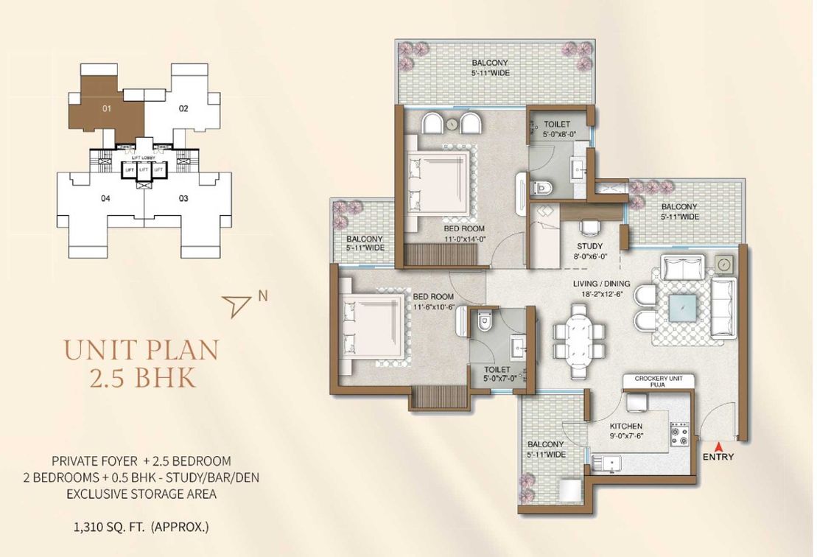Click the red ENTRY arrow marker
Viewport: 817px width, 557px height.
click(x=718, y=446)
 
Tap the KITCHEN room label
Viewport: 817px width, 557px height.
click(x=625, y=426)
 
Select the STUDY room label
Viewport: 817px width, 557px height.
click(x=590, y=246)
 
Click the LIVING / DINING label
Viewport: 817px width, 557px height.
click(x=601, y=284)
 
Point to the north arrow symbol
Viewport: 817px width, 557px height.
click(x=236, y=304)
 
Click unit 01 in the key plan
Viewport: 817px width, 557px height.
click(x=107, y=108)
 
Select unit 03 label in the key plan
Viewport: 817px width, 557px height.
click(x=183, y=198)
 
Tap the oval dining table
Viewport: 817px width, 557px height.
click(x=580, y=340)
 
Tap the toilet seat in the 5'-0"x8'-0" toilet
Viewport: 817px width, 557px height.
click(x=540, y=186)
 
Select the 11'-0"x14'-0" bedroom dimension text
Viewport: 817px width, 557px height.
click(x=465, y=239)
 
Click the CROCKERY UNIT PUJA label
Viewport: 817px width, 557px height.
click(x=658, y=382)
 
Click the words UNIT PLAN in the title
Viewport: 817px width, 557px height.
click(x=141, y=350)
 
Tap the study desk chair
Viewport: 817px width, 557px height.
click(x=590, y=227)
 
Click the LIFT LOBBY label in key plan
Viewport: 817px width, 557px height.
click(x=144, y=158)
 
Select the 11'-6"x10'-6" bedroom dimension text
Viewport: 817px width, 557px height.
click(x=435, y=307)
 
